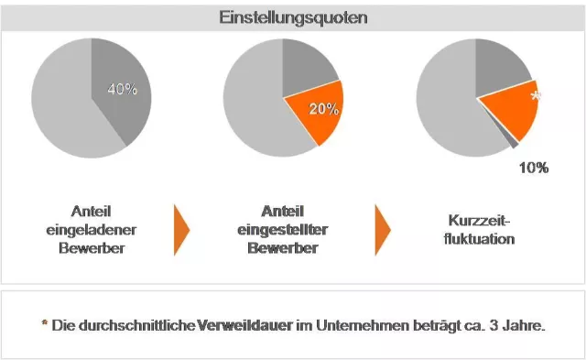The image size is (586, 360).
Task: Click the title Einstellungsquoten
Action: tap(293, 18)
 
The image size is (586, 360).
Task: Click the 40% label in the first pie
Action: tap(122, 89)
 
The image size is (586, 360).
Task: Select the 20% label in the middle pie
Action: tap(323, 109)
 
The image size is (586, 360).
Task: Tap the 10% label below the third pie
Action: tap(533, 168)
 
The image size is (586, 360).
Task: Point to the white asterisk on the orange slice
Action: tap(536, 95)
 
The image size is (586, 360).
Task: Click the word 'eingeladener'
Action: tap(92, 230)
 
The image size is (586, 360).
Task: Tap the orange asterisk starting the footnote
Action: tap(44, 325)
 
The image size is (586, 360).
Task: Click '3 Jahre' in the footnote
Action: tap(522, 326)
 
